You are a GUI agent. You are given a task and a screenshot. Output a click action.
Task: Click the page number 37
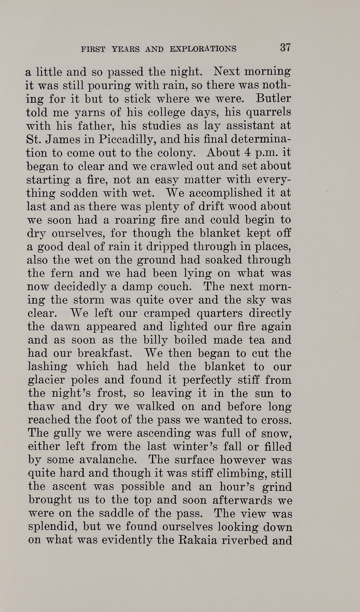click(x=285, y=48)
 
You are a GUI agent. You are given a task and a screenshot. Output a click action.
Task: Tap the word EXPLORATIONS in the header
click(x=203, y=49)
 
